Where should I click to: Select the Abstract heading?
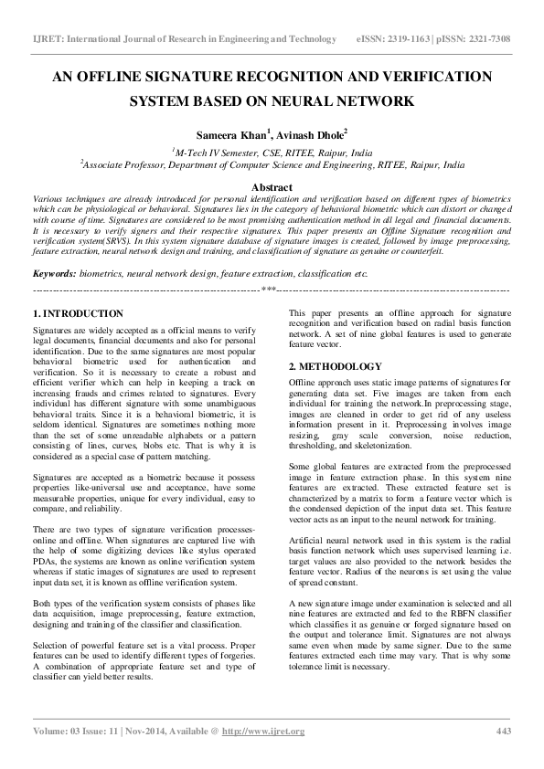(272, 185)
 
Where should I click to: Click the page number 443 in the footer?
(502, 732)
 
